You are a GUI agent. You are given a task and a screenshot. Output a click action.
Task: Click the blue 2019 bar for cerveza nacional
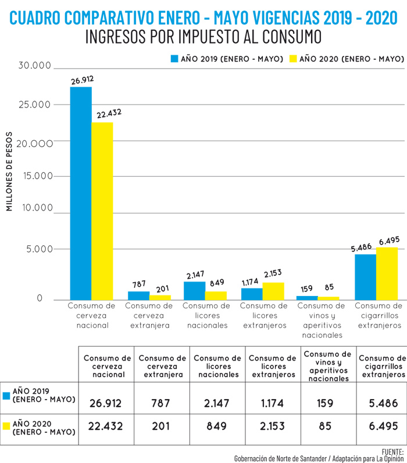point(81,192)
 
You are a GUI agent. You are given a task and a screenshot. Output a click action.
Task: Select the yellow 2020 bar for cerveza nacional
point(102,211)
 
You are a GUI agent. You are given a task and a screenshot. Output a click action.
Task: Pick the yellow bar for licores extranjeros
point(273,291)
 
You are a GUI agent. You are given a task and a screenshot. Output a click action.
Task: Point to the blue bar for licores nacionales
point(194,290)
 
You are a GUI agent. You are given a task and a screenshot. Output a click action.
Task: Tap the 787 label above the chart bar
point(139,284)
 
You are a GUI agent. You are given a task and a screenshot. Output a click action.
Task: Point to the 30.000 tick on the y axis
point(35,66)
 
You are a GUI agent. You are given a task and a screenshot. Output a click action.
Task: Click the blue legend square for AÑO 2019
point(173,59)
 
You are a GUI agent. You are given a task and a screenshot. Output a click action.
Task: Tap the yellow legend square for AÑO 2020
point(293,59)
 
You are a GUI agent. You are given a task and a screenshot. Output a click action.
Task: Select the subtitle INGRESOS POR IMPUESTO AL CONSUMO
point(203,37)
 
